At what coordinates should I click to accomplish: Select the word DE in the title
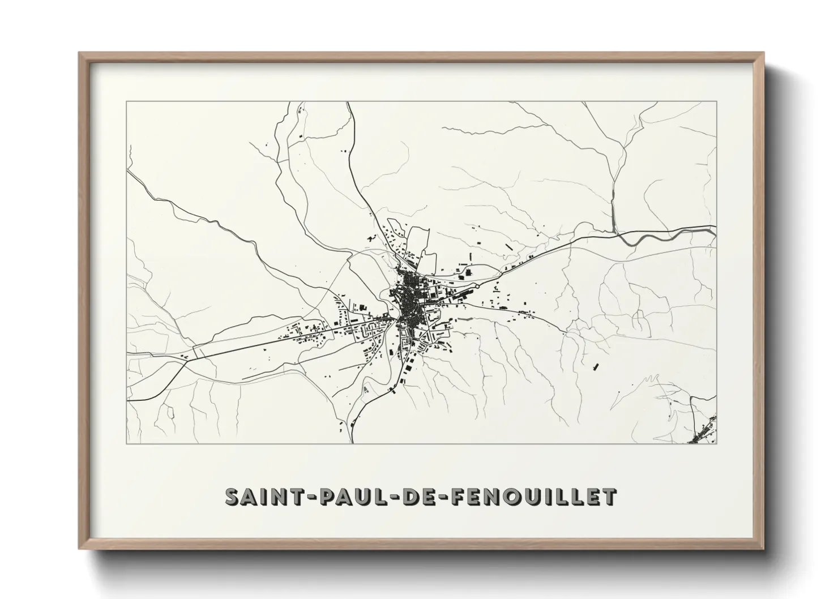click(417, 497)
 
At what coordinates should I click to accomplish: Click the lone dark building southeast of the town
click(595, 366)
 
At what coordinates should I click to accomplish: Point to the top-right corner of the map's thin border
click(716, 102)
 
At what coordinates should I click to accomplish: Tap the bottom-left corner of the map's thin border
click(127, 443)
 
